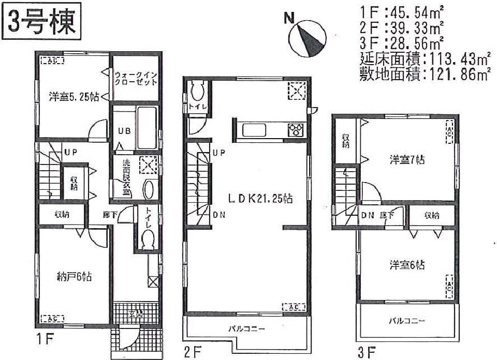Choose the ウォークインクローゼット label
coord(136,79)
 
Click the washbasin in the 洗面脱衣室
coord(148,189)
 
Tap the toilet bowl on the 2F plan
coord(197,93)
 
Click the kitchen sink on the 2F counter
coord(254,130)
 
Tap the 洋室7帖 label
coord(407,161)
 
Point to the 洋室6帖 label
coord(407,265)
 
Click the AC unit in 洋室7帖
coord(449,131)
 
